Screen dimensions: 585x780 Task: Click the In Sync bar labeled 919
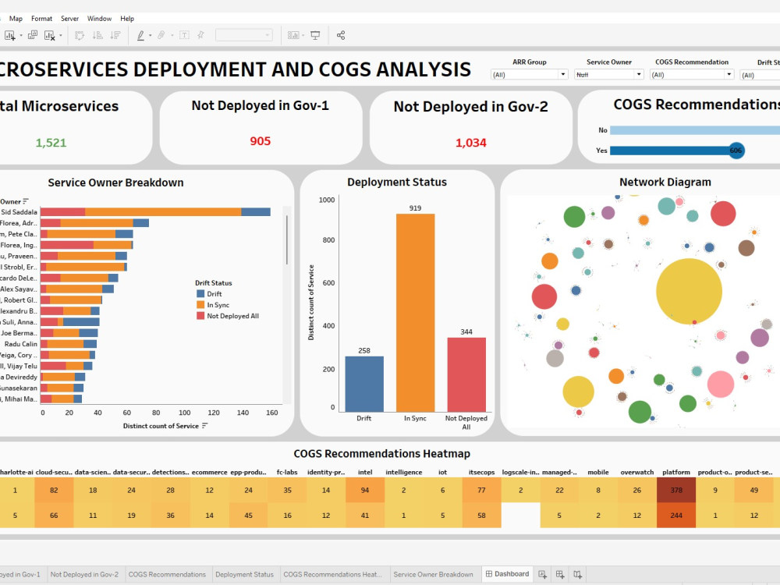(x=415, y=312)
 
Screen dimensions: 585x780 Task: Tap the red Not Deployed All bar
(x=466, y=374)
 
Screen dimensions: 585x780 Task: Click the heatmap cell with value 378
(x=676, y=490)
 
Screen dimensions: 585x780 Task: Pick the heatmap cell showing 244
(x=676, y=515)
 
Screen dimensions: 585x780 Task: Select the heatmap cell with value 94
(x=364, y=490)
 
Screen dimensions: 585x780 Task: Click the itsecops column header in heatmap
(x=481, y=472)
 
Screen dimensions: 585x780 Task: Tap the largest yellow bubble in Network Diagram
(x=689, y=291)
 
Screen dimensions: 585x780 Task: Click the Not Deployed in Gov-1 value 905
(x=261, y=141)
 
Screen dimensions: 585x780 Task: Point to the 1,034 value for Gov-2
(x=470, y=142)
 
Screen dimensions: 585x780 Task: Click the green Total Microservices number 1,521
(x=51, y=142)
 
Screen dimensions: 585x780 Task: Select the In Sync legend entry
(x=218, y=305)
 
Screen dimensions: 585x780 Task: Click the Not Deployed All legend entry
(x=232, y=316)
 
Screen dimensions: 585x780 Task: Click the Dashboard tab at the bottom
(x=508, y=574)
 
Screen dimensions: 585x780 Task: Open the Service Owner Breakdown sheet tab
(x=433, y=574)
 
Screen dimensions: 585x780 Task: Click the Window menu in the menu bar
(x=99, y=18)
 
